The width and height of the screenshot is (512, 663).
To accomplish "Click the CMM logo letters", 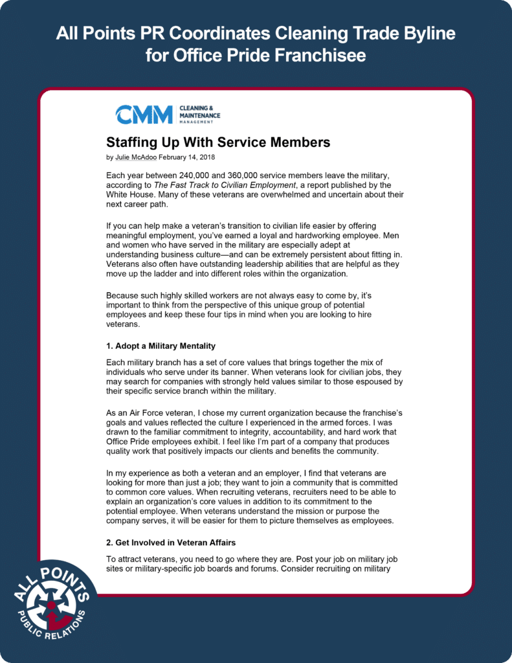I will point(144,115).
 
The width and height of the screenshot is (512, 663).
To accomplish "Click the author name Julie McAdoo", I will point(135,157).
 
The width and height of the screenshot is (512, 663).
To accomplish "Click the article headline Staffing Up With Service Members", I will point(217,142).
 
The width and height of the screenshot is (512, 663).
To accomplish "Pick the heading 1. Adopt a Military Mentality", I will point(161,346).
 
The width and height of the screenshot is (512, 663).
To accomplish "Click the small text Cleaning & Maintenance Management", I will point(199,115).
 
